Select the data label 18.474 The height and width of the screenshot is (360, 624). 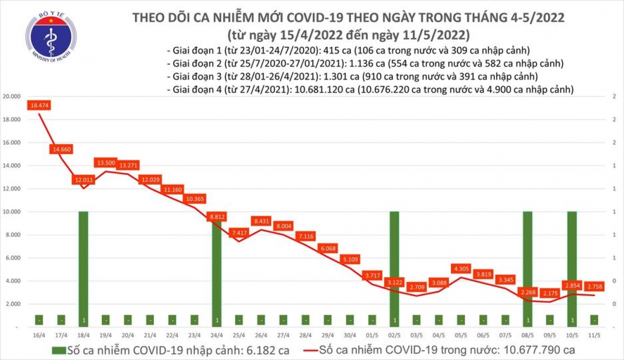(x=39, y=106)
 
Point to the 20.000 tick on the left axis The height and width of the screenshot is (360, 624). (x=12, y=97)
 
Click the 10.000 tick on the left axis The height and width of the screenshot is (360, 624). (x=12, y=212)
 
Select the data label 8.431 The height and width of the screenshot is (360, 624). (x=262, y=221)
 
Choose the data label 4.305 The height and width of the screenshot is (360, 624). (x=461, y=269)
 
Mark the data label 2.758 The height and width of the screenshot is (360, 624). (x=594, y=287)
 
